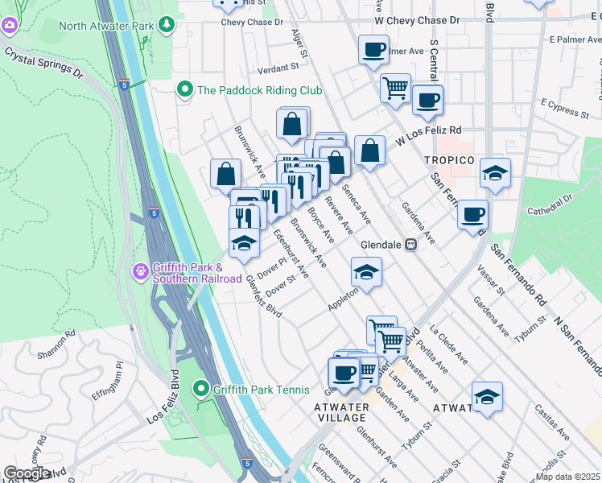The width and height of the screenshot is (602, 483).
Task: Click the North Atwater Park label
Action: pos(105,25)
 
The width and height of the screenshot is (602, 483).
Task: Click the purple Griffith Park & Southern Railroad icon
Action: pos(141,271)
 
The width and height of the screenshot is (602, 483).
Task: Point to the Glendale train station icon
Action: pos(410,245)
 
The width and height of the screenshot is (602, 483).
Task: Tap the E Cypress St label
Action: pos(566,104)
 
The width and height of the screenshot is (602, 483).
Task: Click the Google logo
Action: pos(27,473)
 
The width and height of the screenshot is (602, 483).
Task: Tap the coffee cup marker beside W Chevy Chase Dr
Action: pos(373,50)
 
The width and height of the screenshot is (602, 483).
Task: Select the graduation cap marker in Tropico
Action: pos(495,173)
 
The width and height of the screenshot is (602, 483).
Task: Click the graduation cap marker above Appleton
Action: pos(365,272)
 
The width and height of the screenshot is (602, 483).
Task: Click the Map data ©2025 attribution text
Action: pos(568,477)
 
